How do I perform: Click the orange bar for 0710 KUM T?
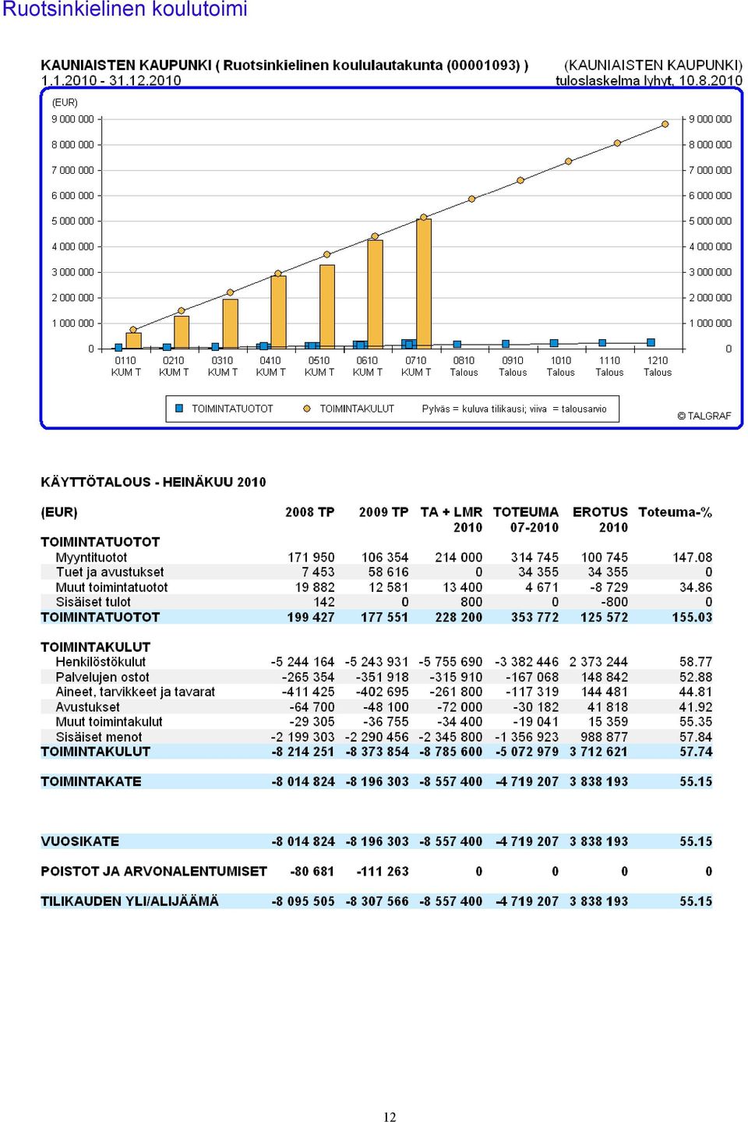[x=424, y=284]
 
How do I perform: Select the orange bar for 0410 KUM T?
[x=278, y=312]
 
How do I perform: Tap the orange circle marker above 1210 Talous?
[x=665, y=124]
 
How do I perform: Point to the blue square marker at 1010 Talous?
[x=554, y=343]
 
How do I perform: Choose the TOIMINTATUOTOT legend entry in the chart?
[x=224, y=409]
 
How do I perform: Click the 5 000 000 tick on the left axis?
[x=72, y=221]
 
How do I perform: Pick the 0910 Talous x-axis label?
[x=512, y=366]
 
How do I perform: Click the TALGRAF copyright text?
[x=704, y=416]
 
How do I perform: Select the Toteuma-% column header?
[x=675, y=512]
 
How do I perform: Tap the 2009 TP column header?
[x=383, y=512]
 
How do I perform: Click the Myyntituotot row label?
[x=91, y=557]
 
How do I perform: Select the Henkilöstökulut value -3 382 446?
[x=526, y=662]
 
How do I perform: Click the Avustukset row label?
[x=87, y=706]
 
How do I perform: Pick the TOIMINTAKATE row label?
[x=90, y=781]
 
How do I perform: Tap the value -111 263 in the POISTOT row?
[x=383, y=872]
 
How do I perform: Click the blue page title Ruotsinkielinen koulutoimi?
[x=125, y=9]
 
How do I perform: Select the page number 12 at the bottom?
[x=390, y=1117]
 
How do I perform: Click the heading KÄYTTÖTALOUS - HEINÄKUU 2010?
[x=153, y=482]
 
